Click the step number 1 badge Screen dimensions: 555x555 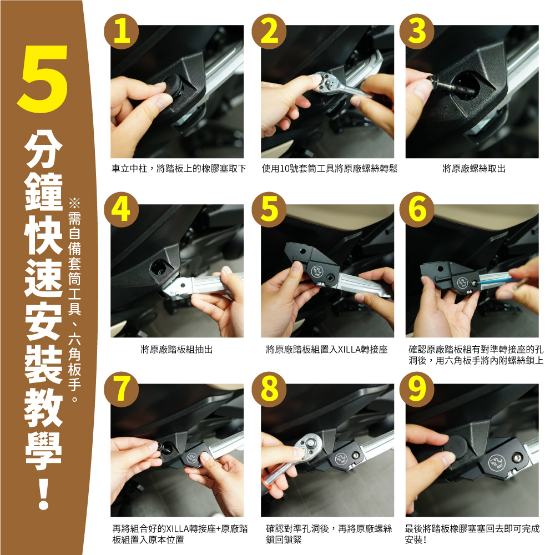pyautogui.click(x=121, y=32)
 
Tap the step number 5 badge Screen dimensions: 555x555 pyautogui.click(x=269, y=210)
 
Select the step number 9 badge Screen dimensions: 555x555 pyautogui.click(x=417, y=389)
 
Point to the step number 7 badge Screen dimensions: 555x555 pyautogui.click(x=121, y=389)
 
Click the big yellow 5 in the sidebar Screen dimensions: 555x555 pyautogui.click(x=43, y=79)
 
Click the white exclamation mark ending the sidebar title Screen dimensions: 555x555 pyautogui.click(x=43, y=492)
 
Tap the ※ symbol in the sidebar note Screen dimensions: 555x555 pyautogui.click(x=74, y=203)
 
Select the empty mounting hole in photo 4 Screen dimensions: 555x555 pyautogui.click(x=159, y=268)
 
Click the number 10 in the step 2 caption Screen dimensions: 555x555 pyautogui.click(x=285, y=169)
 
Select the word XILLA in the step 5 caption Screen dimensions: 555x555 pyautogui.click(x=349, y=350)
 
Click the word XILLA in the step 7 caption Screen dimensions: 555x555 pyautogui.click(x=178, y=529)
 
